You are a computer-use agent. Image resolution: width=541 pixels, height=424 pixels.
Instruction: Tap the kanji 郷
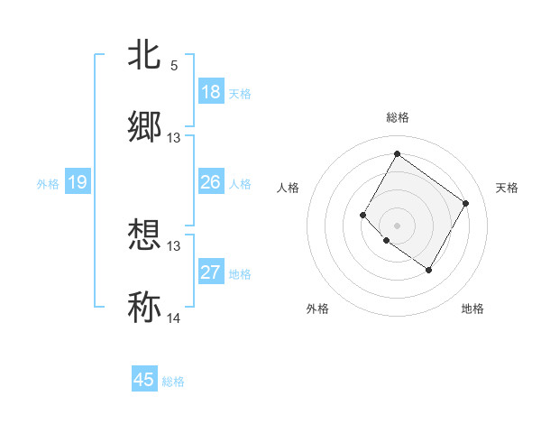[144, 127]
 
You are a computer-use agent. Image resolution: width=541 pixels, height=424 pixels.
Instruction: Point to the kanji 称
[144, 308]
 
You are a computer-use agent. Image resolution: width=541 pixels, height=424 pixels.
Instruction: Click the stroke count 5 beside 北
[174, 66]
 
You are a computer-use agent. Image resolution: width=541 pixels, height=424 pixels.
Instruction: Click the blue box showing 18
[211, 92]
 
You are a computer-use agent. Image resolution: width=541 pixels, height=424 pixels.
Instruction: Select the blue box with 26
[211, 182]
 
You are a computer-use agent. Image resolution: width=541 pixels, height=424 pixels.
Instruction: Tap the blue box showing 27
[211, 272]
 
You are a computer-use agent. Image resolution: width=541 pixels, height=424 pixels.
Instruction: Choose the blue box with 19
[78, 182]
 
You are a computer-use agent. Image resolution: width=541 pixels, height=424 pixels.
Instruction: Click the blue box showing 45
[144, 380]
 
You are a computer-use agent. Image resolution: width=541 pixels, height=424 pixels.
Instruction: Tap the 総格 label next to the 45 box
[173, 382]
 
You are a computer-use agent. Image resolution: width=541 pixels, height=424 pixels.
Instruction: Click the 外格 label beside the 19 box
[48, 183]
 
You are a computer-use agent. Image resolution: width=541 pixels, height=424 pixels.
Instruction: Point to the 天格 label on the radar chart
[507, 188]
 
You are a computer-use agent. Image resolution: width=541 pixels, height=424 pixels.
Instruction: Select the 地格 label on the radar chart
[472, 309]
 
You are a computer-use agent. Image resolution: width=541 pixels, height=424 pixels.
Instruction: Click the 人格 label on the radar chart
[289, 188]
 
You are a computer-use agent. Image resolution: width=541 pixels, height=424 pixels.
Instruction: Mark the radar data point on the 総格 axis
[397, 153]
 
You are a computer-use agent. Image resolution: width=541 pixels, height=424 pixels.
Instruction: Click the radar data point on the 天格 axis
[465, 203]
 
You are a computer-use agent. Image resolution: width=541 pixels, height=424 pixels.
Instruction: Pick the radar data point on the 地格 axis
[428, 270]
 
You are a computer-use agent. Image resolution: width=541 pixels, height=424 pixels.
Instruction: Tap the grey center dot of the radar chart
[397, 225]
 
